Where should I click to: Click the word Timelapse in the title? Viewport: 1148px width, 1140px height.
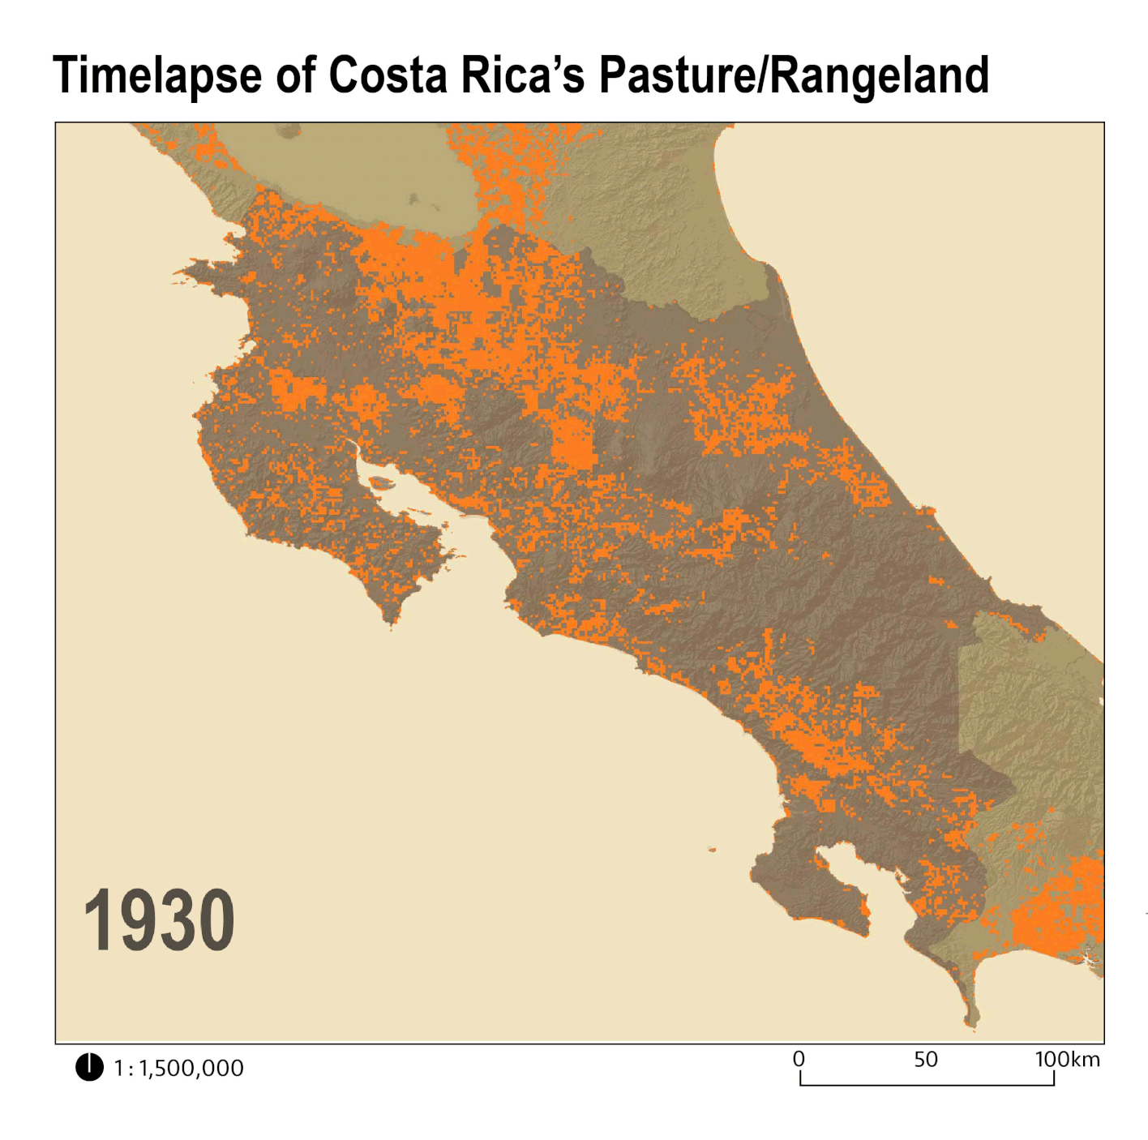(x=156, y=75)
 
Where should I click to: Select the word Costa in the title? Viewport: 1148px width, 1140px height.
(x=388, y=75)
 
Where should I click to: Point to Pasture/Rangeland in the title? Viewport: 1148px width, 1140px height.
(x=794, y=75)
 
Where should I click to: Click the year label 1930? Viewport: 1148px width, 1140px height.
(x=159, y=920)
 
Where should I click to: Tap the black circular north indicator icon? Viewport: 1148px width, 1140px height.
(x=89, y=1067)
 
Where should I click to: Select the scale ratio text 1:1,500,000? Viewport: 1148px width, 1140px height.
(x=178, y=1068)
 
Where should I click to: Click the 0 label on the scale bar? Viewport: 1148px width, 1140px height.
(x=799, y=1059)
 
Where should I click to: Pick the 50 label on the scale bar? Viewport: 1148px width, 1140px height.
(x=925, y=1059)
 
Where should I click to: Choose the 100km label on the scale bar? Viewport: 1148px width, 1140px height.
(x=1067, y=1059)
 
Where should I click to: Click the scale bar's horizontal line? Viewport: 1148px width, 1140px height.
(x=927, y=1084)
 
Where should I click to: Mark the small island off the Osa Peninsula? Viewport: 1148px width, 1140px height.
(x=712, y=850)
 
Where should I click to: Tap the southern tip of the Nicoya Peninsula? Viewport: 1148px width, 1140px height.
(x=392, y=623)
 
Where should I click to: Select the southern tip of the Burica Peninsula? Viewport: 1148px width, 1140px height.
(x=970, y=1023)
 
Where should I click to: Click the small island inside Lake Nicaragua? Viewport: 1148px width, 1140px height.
(x=413, y=198)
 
